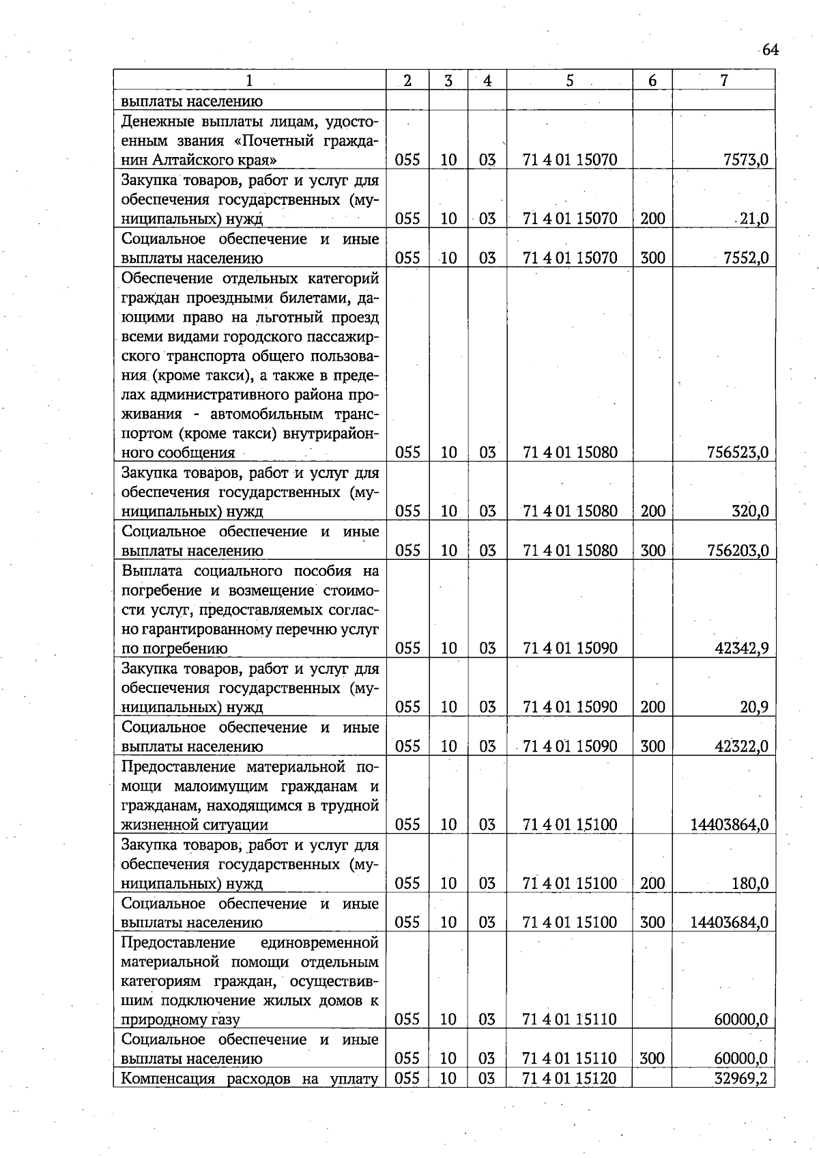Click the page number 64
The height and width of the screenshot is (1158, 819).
click(x=770, y=50)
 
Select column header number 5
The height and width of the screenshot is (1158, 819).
click(x=569, y=81)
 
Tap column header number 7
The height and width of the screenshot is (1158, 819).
click(x=723, y=81)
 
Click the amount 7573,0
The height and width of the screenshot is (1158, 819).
click(x=745, y=160)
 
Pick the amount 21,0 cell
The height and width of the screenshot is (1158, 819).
click(x=753, y=219)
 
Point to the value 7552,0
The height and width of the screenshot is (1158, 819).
click(x=745, y=258)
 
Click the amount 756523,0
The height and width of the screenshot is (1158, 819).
click(x=740, y=453)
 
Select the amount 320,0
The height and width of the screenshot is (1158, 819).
click(x=750, y=511)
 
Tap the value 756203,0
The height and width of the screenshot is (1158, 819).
click(x=740, y=550)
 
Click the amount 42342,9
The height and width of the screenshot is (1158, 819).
click(x=742, y=648)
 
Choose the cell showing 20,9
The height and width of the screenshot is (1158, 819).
click(x=754, y=707)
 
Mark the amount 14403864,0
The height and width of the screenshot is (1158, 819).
click(x=730, y=825)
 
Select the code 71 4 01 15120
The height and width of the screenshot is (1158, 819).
click(x=569, y=1079)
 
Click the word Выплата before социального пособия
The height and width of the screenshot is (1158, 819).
click(x=151, y=571)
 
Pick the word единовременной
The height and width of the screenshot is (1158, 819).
click(x=319, y=943)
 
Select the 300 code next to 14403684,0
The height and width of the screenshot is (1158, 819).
click(x=652, y=922)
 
